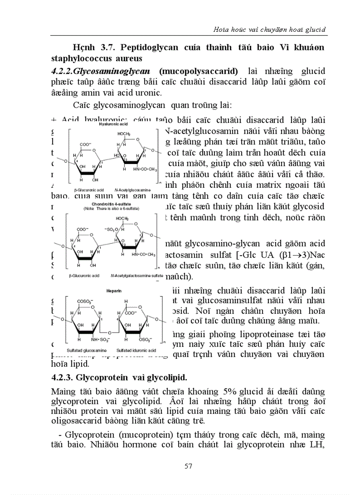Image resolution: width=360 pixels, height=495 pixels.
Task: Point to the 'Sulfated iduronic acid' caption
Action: [132, 349]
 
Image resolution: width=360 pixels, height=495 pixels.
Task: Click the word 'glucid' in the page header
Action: [316, 30]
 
